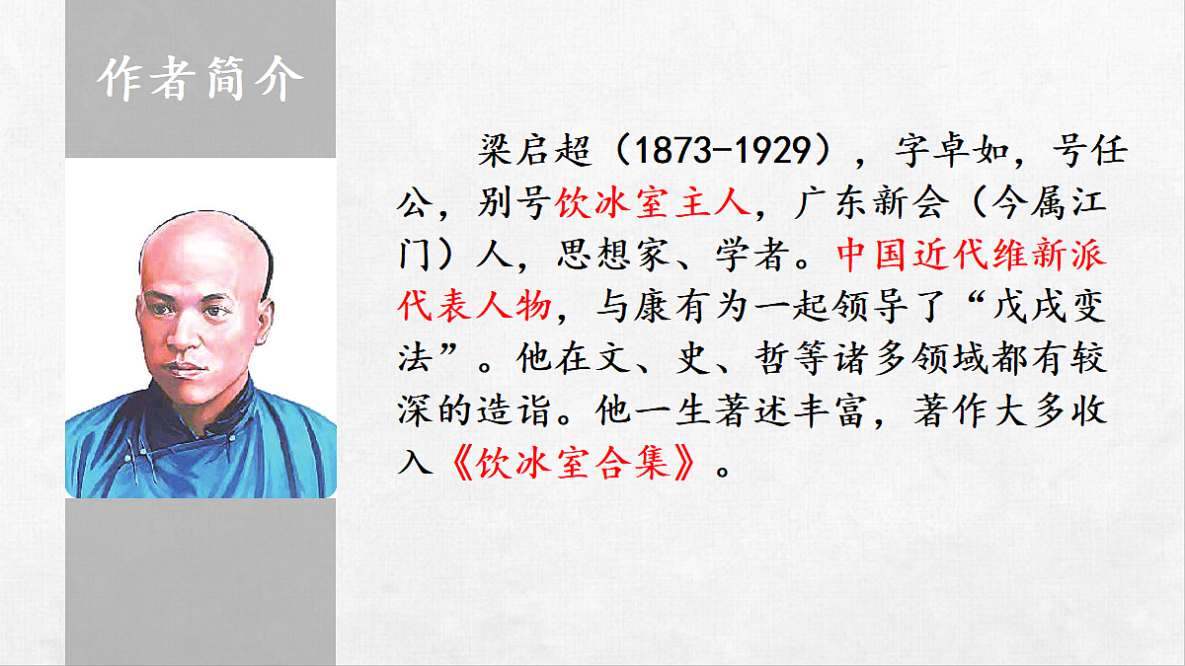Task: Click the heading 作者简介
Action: [x=199, y=80]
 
